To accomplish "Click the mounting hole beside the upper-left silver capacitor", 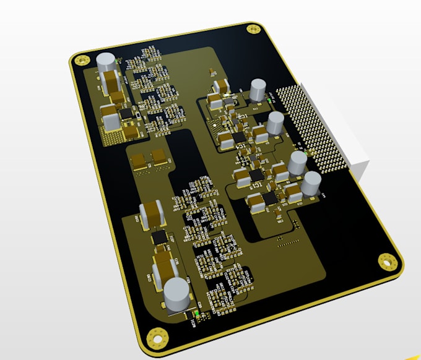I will [80, 60].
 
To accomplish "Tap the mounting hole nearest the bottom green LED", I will [156, 338].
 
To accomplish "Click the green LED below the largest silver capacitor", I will [197, 315].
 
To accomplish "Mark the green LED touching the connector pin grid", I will [309, 151].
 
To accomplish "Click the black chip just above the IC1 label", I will [238, 136].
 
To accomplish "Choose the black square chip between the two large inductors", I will [160, 237].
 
